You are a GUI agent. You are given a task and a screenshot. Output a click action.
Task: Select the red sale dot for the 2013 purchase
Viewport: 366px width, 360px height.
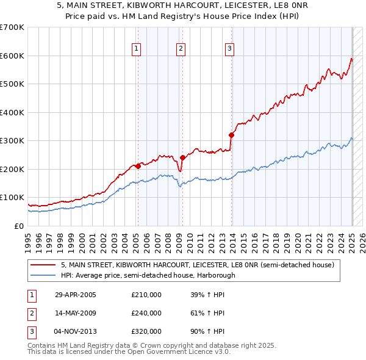[232, 135]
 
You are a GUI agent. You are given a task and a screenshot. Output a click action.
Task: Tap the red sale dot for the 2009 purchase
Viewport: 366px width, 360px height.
[182, 157]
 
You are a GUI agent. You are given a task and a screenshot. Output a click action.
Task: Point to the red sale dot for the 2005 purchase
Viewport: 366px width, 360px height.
[138, 166]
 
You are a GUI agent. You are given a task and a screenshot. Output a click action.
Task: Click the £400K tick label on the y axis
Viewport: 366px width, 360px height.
[12, 112]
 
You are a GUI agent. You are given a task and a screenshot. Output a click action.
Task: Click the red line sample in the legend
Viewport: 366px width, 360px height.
[44, 265]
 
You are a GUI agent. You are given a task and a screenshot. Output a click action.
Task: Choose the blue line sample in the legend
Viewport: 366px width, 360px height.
[44, 275]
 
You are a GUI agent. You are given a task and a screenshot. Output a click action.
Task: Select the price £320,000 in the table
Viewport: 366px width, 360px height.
[146, 331]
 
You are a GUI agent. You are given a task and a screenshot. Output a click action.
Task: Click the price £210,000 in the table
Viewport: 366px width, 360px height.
[146, 295]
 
